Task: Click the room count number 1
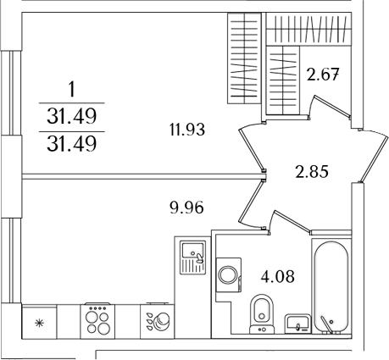(x=71, y=87)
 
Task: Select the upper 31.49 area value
(x=71, y=114)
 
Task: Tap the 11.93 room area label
(x=187, y=130)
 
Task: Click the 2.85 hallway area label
(x=311, y=171)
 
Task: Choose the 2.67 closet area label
(x=323, y=74)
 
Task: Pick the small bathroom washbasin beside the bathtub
(x=297, y=322)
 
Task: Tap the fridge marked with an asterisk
(x=38, y=322)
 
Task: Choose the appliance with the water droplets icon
(x=156, y=322)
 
